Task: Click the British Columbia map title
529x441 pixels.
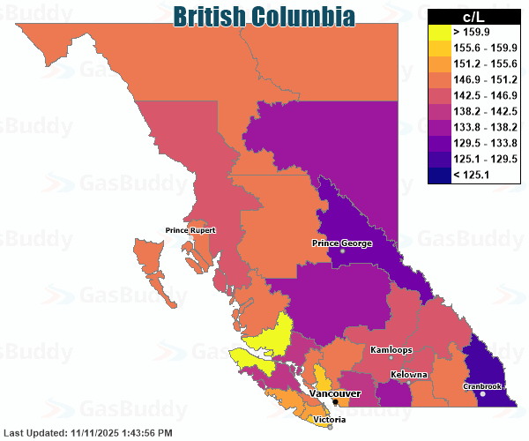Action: [264, 16]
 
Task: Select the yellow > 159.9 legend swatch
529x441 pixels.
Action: [438, 31]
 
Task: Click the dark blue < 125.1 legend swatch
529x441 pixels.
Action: [438, 175]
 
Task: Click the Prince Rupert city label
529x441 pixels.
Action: [190, 231]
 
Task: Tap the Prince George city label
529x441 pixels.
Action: [343, 243]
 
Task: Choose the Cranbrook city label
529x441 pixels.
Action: [482, 386]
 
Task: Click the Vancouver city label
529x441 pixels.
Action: [335, 392]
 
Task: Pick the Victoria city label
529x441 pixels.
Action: [330, 420]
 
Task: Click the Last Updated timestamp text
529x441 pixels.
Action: [87, 433]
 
